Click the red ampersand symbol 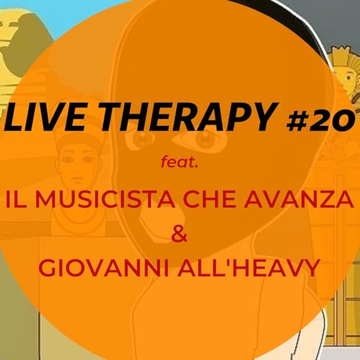coord(180,232)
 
